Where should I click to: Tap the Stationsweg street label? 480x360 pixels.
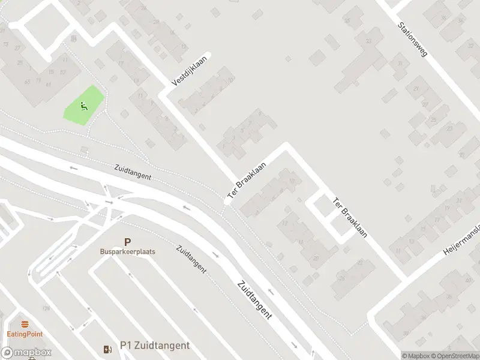tap(412, 40)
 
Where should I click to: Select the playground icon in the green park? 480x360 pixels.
tap(83, 107)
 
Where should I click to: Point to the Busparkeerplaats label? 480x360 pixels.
tap(127, 251)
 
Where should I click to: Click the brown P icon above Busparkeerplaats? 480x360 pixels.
tap(127, 242)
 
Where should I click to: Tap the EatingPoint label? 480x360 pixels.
tap(25, 334)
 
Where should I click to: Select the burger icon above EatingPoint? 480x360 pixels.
tap(25, 324)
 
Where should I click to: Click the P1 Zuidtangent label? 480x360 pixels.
tap(155, 346)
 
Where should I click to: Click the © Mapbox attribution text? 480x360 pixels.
tap(416, 356)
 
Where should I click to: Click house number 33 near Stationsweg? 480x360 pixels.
tap(368, 40)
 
